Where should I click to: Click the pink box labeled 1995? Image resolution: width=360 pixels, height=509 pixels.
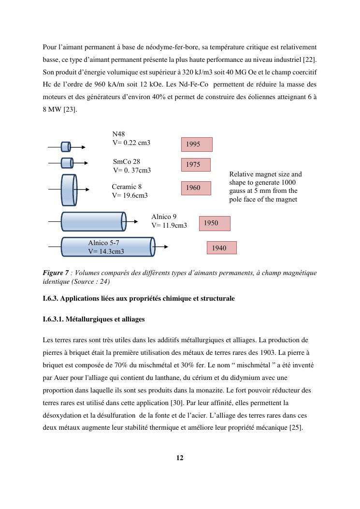(x=197, y=144)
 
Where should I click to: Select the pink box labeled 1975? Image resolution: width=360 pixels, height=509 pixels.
(x=196, y=164)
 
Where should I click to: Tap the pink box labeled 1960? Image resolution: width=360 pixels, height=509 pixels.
(x=196, y=188)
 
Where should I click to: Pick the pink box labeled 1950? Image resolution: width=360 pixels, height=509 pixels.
(x=214, y=223)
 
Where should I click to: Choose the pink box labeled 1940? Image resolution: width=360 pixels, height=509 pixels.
(x=222, y=248)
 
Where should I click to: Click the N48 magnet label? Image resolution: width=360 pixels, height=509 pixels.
(x=119, y=134)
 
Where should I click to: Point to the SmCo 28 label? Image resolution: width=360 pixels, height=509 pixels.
(x=127, y=161)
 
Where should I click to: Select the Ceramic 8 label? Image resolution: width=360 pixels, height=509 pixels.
(x=127, y=187)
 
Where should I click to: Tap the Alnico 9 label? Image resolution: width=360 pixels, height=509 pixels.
(x=164, y=217)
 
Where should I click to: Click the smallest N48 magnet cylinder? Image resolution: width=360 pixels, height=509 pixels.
(x=66, y=146)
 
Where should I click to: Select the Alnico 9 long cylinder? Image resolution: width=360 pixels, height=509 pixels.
(x=93, y=221)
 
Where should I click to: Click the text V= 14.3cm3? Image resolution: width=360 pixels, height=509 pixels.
(x=106, y=251)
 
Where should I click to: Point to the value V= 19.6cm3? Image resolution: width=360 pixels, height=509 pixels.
(x=130, y=195)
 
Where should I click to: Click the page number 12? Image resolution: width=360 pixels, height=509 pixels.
(x=180, y=458)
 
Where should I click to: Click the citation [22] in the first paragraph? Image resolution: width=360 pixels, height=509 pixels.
(x=310, y=59)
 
